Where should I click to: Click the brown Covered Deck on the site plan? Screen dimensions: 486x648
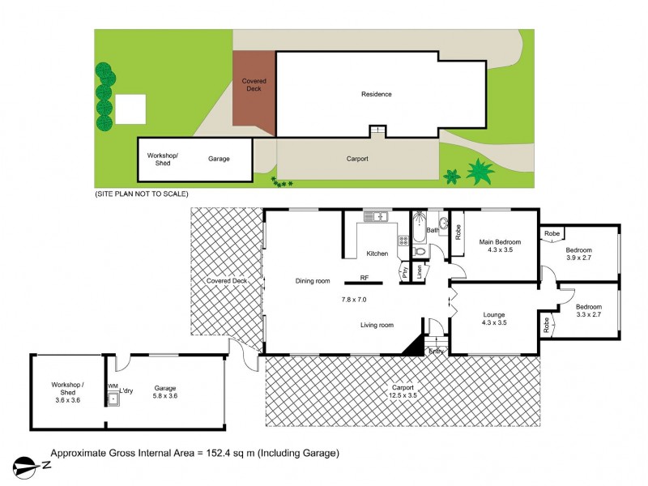pos(254,89)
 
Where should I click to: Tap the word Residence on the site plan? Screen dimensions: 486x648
pos(376,94)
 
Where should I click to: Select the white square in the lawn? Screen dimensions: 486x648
pos(131,109)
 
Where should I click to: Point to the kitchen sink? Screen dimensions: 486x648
pos(377,216)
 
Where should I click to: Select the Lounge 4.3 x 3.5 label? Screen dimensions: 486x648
pos(494,318)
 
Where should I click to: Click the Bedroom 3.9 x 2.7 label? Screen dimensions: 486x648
pos(578,254)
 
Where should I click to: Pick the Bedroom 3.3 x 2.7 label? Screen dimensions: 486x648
pos(588,311)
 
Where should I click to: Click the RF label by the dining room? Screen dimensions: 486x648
pos(364,278)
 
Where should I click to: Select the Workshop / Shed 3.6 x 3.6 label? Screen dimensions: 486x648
pos(67,393)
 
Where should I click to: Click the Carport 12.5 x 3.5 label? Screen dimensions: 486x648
pos(403,390)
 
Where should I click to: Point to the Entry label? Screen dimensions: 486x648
pos(436,351)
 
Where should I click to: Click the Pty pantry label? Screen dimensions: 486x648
pos(404,273)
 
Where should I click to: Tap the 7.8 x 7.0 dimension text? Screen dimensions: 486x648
pos(353,300)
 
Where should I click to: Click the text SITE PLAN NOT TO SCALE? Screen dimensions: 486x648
pos(141,194)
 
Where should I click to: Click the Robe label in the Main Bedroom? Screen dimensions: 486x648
pos(458,232)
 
